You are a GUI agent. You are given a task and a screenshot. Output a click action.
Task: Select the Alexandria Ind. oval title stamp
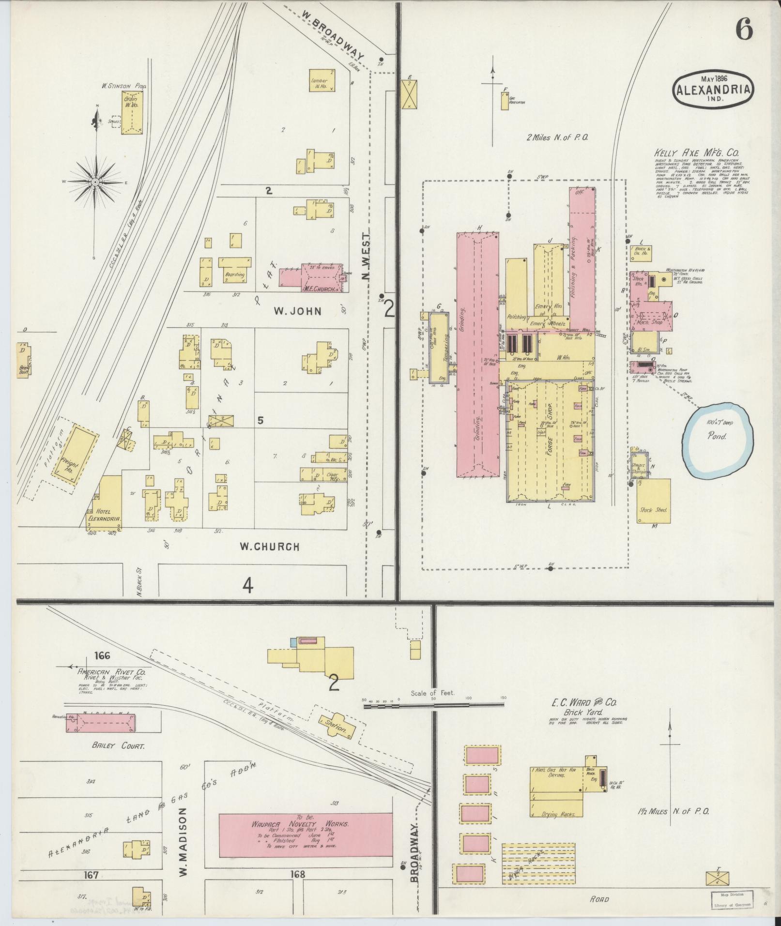pos(715,90)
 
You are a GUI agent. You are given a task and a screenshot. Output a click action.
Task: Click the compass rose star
pos(96,182)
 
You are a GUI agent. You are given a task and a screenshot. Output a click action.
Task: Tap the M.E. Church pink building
pos(312,278)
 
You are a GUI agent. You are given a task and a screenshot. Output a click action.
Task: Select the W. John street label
pos(297,311)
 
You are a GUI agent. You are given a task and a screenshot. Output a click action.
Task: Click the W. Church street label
pos(270,547)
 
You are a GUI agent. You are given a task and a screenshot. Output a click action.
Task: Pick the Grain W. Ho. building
pos(131,112)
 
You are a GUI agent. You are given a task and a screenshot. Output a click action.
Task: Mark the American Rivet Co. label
pos(107,672)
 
